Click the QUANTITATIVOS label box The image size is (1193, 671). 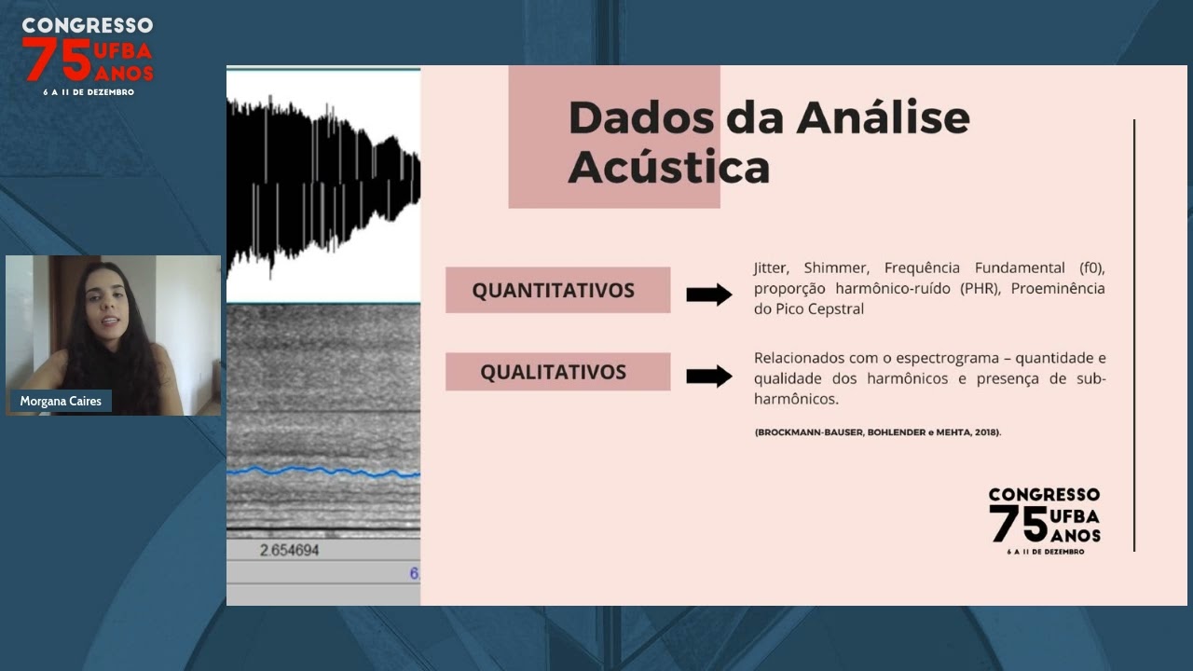tap(557, 290)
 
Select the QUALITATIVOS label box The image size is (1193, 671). tap(557, 372)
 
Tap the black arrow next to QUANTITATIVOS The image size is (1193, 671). tap(709, 294)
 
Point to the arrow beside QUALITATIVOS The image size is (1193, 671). tap(709, 377)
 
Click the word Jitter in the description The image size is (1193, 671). tap(770, 267)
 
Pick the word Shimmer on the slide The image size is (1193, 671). tap(835, 267)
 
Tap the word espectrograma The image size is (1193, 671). tap(954, 358)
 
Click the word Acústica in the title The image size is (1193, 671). tap(668, 167)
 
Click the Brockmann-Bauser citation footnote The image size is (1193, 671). tap(878, 432)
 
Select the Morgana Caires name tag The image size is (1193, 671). tap(61, 401)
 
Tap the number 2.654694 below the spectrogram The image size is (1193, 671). tap(289, 550)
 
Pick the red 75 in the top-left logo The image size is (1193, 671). tap(57, 61)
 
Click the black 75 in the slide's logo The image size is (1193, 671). tap(1019, 524)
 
